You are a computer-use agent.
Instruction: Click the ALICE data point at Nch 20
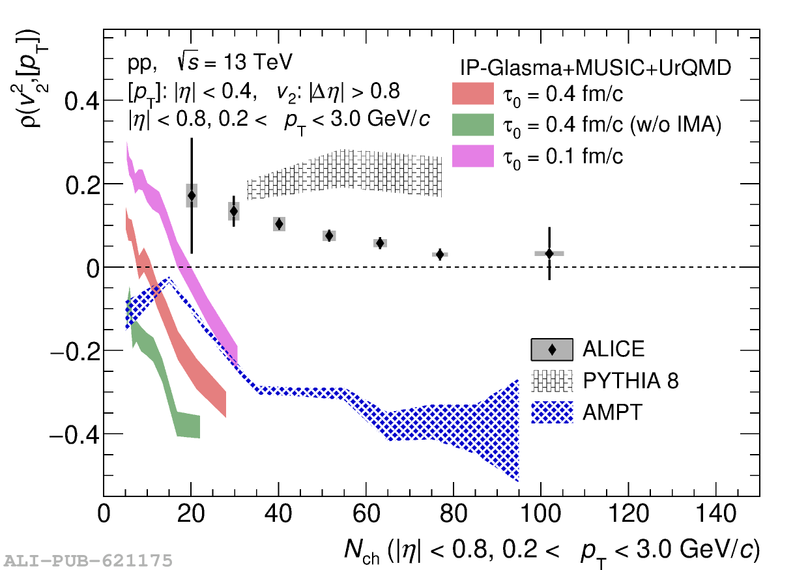point(192,195)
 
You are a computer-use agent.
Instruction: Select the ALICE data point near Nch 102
point(549,253)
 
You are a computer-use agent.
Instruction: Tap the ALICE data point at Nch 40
point(279,224)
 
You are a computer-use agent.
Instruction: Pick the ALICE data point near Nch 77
point(440,254)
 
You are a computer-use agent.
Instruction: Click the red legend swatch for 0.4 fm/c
point(472,94)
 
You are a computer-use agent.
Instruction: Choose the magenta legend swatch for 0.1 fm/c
point(472,156)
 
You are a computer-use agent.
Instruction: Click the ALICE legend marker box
point(552,350)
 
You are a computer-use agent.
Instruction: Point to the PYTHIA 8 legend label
point(630,380)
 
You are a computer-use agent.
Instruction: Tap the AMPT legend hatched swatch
point(552,412)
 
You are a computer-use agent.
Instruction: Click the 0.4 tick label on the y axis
point(81,102)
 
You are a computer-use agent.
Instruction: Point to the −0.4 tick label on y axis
point(73,435)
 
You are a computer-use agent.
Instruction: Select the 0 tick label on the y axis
point(94,268)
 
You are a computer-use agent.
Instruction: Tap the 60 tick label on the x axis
point(366,514)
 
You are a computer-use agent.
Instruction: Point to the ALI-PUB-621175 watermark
point(89,560)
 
